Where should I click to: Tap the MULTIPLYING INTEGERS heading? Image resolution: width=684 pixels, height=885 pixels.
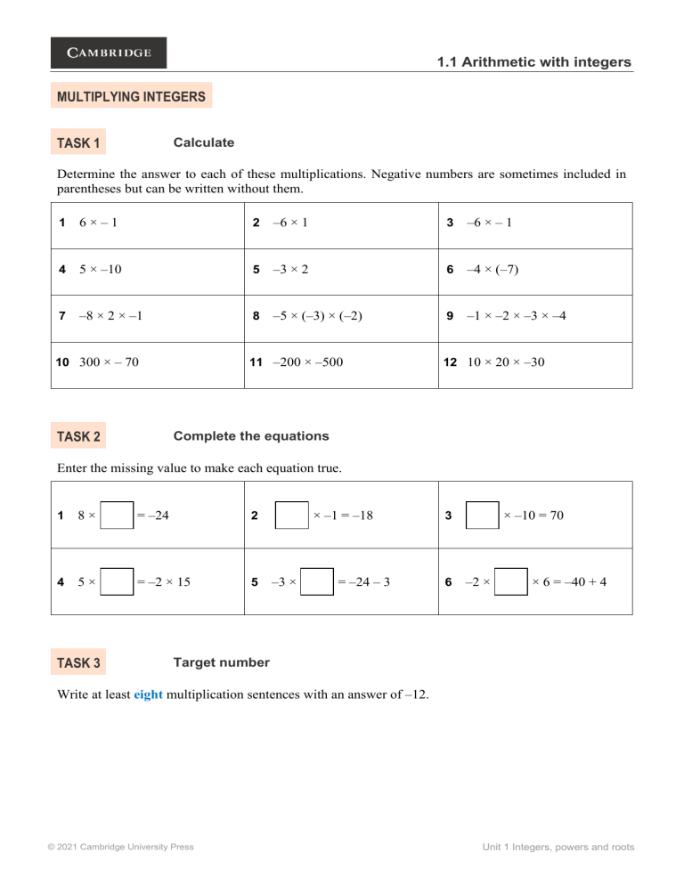[131, 96]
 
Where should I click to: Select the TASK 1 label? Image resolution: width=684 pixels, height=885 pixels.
[78, 142]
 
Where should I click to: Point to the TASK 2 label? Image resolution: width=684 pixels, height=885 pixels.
[78, 436]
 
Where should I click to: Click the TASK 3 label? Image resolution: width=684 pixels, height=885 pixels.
[78, 662]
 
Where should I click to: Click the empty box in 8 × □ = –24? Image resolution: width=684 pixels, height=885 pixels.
[118, 515]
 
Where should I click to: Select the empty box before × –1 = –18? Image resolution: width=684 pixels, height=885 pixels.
[291, 515]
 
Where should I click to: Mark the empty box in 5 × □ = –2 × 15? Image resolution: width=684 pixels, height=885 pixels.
[118, 582]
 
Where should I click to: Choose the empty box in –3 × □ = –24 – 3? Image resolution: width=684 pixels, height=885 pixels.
[318, 582]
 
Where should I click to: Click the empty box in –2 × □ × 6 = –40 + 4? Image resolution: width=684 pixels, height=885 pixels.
[512, 582]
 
